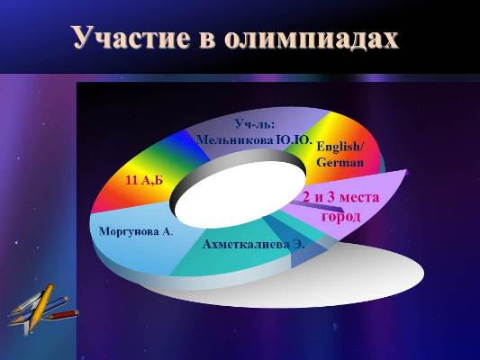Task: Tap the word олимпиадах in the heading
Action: coord(312,38)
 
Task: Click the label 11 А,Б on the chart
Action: coord(144,181)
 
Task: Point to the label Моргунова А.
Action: coord(136,231)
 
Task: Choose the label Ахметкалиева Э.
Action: coord(253,245)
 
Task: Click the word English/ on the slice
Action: coord(340,147)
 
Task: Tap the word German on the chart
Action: coord(340,162)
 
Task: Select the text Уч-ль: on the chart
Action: coord(255,124)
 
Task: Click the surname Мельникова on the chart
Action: coord(234,140)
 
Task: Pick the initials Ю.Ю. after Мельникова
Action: coord(294,140)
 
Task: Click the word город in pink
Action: coord(340,217)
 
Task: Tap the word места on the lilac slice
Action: coord(359,198)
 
